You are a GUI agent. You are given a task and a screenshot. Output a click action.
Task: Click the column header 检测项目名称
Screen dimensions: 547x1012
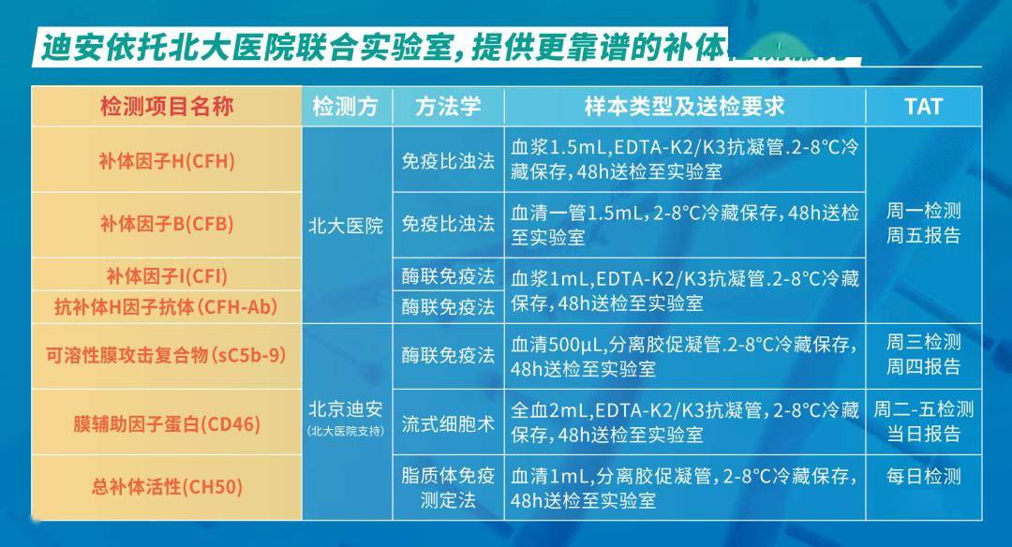point(167,106)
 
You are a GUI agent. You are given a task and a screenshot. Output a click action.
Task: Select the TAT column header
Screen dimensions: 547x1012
point(923,106)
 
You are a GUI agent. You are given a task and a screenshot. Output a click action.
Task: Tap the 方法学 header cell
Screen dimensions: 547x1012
point(448,106)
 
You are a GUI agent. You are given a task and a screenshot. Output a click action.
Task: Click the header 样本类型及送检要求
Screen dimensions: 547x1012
point(684,106)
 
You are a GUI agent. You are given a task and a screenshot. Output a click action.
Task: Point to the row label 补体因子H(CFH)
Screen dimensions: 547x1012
point(167,160)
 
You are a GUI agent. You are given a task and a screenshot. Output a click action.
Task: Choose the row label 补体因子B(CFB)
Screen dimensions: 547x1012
point(167,224)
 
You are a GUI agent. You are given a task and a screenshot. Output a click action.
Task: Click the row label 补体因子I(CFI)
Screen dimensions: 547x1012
point(167,276)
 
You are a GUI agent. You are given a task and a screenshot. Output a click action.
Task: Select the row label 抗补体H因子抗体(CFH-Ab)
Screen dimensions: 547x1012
point(167,305)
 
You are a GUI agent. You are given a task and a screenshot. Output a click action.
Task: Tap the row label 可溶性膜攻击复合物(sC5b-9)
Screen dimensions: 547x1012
point(167,356)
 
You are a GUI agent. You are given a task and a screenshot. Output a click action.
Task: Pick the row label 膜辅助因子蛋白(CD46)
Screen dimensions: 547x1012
point(167,423)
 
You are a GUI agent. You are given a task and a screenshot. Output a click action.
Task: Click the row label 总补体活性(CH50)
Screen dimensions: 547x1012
point(167,486)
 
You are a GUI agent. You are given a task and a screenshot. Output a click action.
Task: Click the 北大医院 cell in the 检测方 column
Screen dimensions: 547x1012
point(346,226)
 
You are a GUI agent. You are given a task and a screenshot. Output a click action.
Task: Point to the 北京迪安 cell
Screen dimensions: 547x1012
point(346,409)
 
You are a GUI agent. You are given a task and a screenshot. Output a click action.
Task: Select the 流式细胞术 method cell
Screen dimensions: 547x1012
point(448,422)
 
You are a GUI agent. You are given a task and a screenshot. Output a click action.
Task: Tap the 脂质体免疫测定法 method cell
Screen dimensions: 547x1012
point(448,487)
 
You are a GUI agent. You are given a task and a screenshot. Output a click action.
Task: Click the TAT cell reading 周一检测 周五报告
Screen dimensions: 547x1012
point(923,224)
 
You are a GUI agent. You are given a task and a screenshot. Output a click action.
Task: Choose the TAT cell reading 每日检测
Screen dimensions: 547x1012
point(923,477)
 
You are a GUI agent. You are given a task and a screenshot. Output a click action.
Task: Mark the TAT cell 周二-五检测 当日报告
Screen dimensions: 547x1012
point(923,421)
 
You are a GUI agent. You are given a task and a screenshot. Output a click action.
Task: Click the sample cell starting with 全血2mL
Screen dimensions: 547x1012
point(684,422)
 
